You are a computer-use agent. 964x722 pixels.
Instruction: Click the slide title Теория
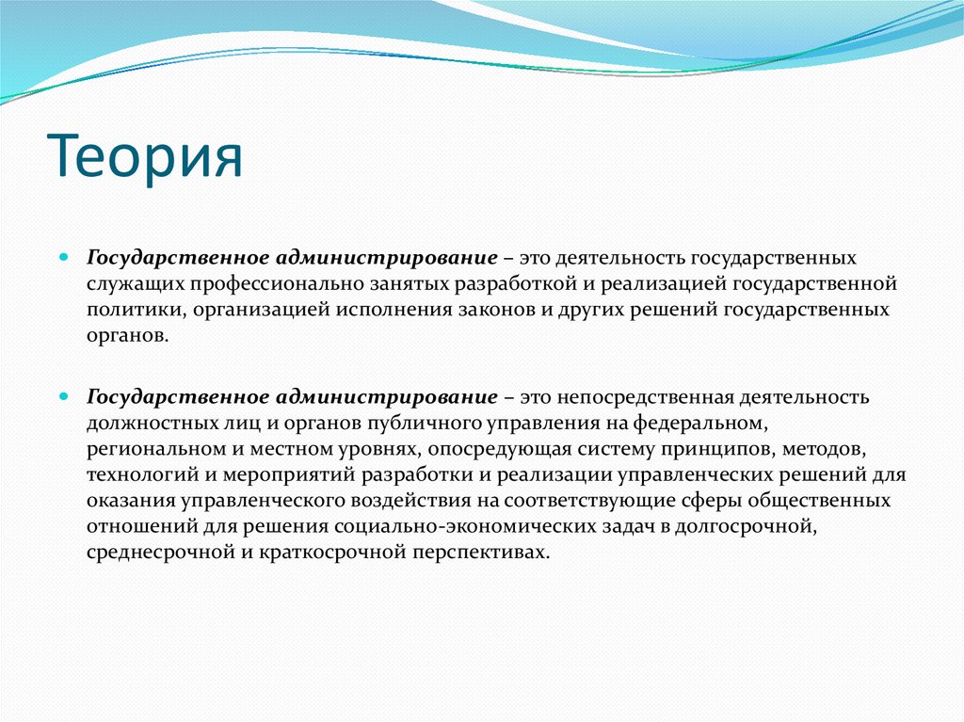tap(144, 155)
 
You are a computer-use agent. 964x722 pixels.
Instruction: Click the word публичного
tap(410, 423)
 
